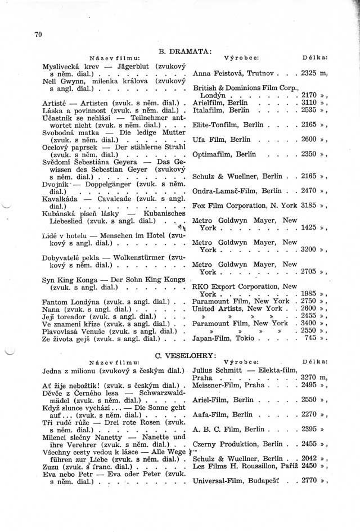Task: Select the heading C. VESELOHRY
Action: [185, 355]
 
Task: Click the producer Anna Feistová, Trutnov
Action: [233, 73]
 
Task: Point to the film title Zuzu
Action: [53, 467]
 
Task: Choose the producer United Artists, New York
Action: [237, 309]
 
